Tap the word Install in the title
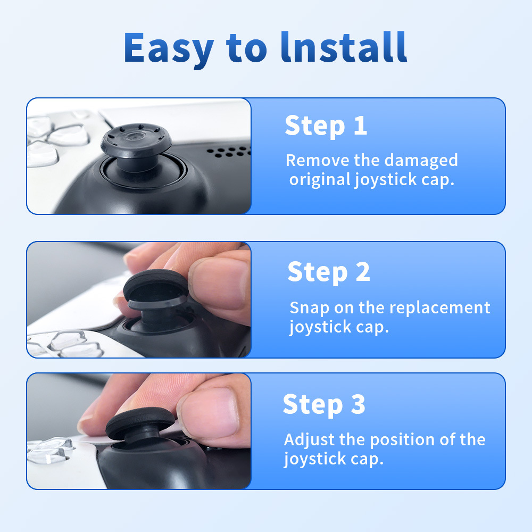click(x=344, y=48)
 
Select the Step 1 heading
click(x=326, y=126)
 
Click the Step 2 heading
click(x=328, y=272)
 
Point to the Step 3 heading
click(x=324, y=404)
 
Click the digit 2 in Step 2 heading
click(x=362, y=272)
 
